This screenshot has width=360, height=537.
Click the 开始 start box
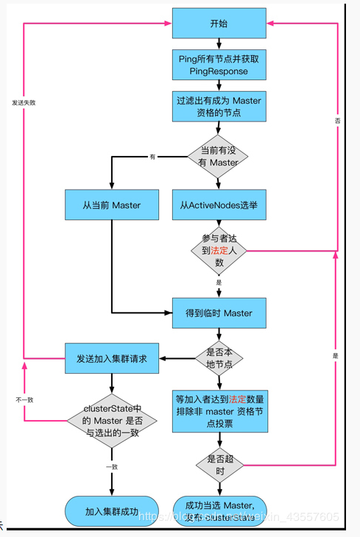pyautogui.click(x=219, y=24)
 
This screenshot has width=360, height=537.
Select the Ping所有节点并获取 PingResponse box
pyautogui.click(x=219, y=65)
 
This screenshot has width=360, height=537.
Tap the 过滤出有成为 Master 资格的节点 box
pyautogui.click(x=219, y=106)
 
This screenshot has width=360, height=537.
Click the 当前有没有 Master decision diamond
pyautogui.click(x=219, y=156)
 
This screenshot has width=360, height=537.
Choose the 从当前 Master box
pyautogui.click(x=111, y=205)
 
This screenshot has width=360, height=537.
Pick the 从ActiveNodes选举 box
pyautogui.click(x=219, y=205)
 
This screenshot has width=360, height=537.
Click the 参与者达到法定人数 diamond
pyautogui.click(x=219, y=250)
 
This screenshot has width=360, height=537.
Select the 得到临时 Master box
pyautogui.click(x=219, y=313)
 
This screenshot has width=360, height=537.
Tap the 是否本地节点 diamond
pyautogui.click(x=219, y=358)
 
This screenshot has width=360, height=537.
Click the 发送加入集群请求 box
pyautogui.click(x=111, y=358)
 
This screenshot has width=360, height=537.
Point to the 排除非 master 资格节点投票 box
pyautogui.click(x=219, y=410)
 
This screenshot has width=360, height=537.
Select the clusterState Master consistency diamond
pyautogui.click(x=112, y=422)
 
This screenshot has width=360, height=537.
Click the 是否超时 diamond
pyautogui.click(x=219, y=464)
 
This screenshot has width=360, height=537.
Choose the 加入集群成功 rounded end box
pyautogui.click(x=112, y=511)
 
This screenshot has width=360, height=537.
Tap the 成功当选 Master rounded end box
pyautogui.click(x=219, y=511)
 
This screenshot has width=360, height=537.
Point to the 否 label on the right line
pyautogui.click(x=336, y=118)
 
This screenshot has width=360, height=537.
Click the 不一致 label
pyautogui.click(x=24, y=399)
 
